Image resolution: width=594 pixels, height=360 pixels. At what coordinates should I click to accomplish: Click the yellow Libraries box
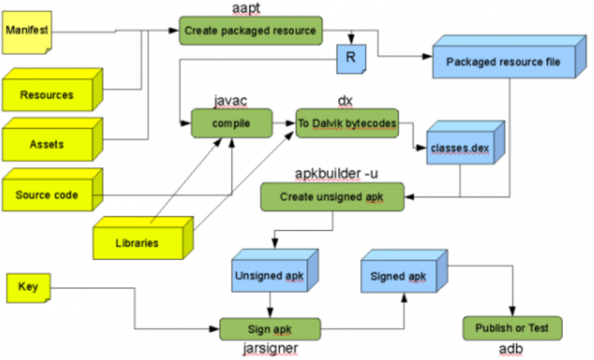137,242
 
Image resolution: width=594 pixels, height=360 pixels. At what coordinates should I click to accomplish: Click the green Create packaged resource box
250,31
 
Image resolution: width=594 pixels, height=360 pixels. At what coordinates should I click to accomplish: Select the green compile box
231,122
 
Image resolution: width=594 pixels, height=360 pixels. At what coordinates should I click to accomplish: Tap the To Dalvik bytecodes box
347,122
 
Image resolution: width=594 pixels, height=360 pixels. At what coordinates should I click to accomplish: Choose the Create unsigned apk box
332,197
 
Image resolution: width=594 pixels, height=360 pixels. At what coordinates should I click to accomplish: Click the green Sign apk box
270,329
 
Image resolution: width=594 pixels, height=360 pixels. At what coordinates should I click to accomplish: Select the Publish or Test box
512,327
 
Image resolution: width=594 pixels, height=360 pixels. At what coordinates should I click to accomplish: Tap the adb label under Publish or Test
512,349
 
